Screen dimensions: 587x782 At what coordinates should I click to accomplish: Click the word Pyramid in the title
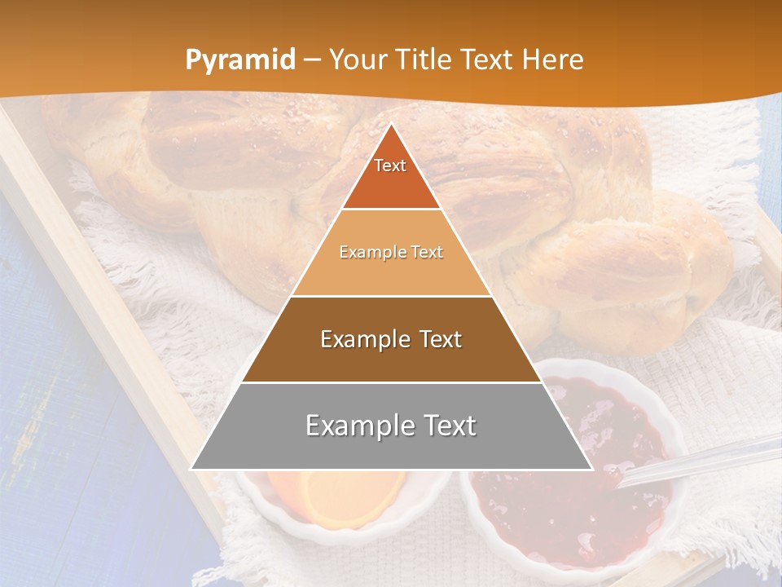[239, 60]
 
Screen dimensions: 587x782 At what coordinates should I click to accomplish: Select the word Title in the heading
[423, 60]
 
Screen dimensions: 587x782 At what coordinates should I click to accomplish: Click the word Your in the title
[358, 60]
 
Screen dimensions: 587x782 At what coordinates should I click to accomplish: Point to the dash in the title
[312, 60]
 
